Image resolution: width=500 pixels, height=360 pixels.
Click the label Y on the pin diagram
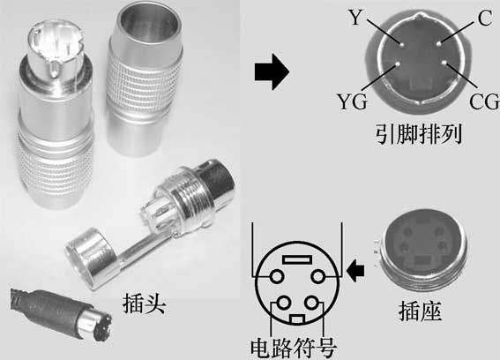click(x=355, y=18)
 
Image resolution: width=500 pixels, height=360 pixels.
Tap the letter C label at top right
click(x=485, y=18)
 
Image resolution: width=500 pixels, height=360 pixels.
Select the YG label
click(x=352, y=101)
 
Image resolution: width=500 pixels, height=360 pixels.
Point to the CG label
click(x=484, y=101)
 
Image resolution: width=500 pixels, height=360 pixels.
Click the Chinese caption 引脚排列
click(x=418, y=133)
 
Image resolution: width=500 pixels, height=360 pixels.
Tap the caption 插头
click(x=144, y=304)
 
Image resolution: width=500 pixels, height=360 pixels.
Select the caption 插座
click(x=420, y=311)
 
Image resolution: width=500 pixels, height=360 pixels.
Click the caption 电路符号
click(x=294, y=348)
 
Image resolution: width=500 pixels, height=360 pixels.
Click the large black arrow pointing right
click(x=272, y=71)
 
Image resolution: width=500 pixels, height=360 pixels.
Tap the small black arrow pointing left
click(x=354, y=271)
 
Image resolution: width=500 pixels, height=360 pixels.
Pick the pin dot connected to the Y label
click(x=401, y=44)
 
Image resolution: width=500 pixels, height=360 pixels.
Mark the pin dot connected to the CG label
click(x=444, y=63)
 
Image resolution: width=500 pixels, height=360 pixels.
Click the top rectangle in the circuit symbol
click(x=297, y=259)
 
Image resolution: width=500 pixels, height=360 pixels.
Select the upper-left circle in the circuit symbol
click(x=277, y=276)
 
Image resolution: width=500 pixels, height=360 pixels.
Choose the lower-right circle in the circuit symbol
click(x=311, y=303)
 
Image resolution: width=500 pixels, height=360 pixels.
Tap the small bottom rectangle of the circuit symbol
click(x=297, y=319)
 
